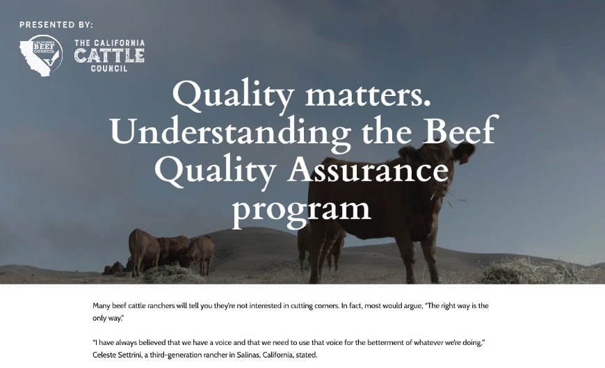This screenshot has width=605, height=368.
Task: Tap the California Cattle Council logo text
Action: click(109, 56)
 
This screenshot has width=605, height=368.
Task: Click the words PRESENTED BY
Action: click(56, 24)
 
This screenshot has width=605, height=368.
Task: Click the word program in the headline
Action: click(302, 209)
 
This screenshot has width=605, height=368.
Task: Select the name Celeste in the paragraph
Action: click(108, 355)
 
